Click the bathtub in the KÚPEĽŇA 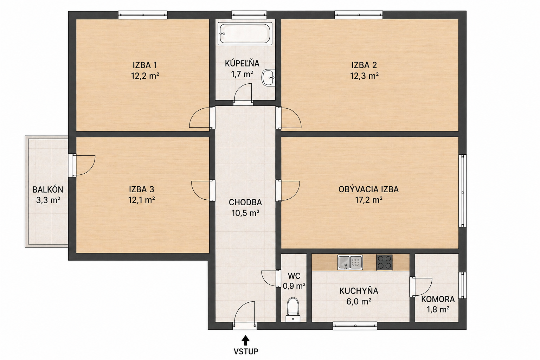click(x=245, y=33)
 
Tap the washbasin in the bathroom click(x=268, y=78)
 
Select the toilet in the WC click(x=293, y=310)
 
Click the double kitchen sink click(x=350, y=262)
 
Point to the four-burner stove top click(x=384, y=262)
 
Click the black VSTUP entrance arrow click(x=246, y=341)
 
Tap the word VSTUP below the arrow click(x=246, y=352)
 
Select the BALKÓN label click(x=48, y=190)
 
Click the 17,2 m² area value click(x=368, y=200)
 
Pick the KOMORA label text click(x=438, y=299)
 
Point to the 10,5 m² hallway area click(x=245, y=213)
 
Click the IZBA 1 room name click(x=145, y=65)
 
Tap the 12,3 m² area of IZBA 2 click(x=364, y=76)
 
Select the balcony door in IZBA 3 click(x=82, y=166)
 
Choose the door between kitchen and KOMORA click(x=421, y=287)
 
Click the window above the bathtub click(x=249, y=15)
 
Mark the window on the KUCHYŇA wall click(x=355, y=326)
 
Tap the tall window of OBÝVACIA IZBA click(x=462, y=191)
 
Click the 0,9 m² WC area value click(x=294, y=286)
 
